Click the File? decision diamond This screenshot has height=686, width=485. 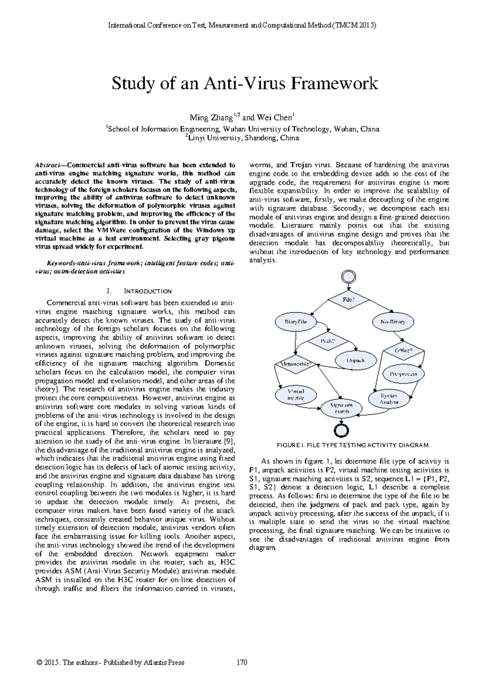[x=348, y=300]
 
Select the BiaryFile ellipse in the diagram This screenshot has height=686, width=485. [x=296, y=322]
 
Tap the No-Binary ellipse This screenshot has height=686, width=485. [x=392, y=322]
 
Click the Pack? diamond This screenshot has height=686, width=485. [x=328, y=341]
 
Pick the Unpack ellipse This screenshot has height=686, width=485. [x=356, y=360]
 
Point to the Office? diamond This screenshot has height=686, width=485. [x=404, y=350]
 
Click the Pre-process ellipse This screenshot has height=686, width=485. [x=404, y=374]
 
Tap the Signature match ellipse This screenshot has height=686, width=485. [x=341, y=408]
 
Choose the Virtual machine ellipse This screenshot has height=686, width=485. [x=296, y=394]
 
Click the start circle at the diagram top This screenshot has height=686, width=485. [x=348, y=277]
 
